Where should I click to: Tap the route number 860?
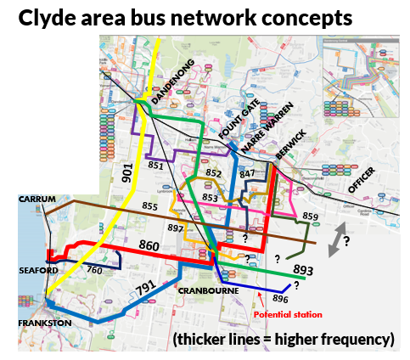pos(149,245)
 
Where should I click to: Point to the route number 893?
pos(304,270)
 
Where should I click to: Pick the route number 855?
pos(150,206)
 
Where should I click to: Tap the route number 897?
pos(176,228)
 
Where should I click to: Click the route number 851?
pos(154,166)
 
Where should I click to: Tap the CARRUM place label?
pos(37,200)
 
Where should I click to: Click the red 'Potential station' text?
pos(289,314)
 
